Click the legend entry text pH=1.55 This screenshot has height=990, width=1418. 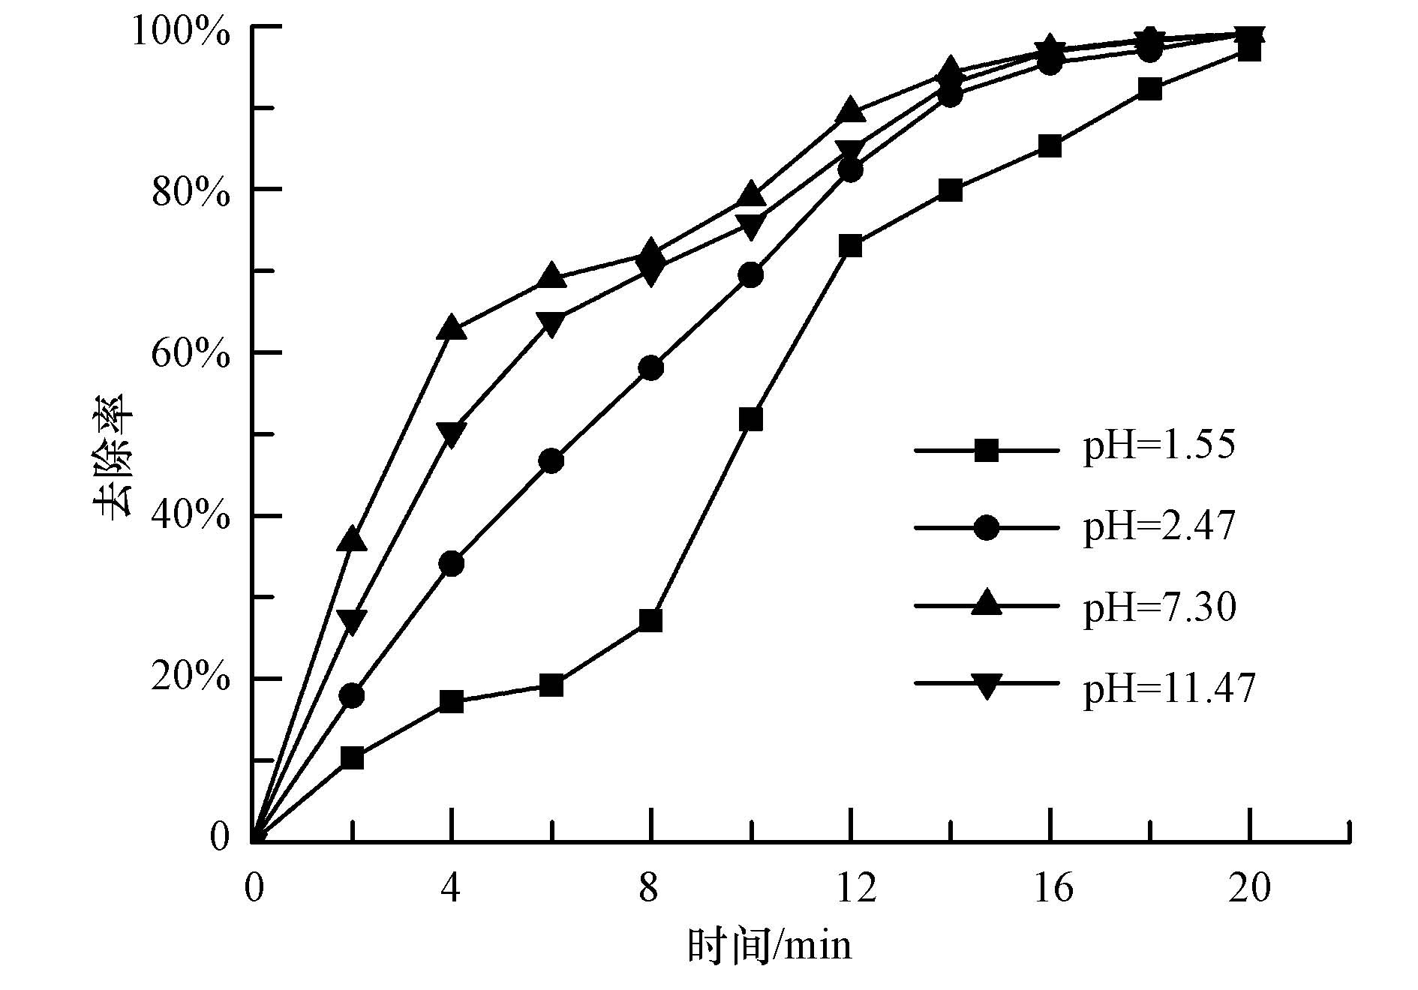1159,445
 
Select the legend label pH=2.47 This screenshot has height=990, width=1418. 1159,526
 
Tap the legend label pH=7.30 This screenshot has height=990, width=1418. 1159,607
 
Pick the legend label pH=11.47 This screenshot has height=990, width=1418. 1169,688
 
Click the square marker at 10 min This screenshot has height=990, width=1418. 751,419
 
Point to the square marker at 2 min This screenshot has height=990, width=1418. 352,757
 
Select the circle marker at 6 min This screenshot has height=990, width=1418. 551,460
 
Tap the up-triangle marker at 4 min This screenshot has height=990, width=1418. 452,328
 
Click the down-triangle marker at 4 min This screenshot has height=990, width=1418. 452,433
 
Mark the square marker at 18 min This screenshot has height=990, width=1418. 1149,89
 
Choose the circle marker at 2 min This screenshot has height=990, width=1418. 352,695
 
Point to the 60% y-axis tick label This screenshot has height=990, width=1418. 191,353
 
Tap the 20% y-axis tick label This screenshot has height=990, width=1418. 191,679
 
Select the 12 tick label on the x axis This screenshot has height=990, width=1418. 856,888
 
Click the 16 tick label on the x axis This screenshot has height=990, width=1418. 1053,888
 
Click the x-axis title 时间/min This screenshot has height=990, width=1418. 770,946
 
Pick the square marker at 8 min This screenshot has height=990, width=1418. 650,620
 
